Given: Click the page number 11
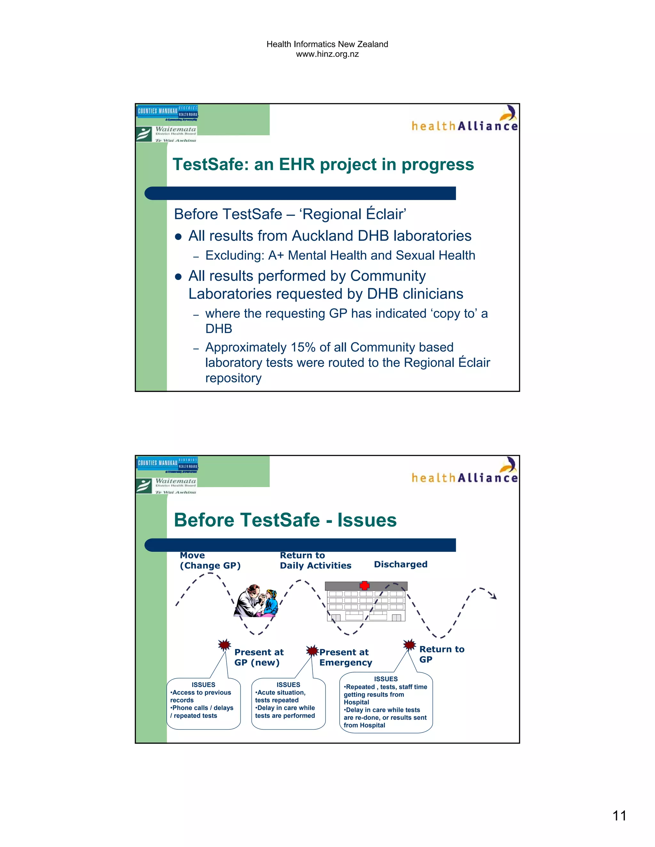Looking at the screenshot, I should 619,815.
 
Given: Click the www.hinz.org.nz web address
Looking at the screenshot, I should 327,54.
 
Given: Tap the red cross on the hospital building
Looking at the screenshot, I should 364,586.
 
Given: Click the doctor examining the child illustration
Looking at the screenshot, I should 256,601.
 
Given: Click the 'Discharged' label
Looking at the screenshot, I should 400,564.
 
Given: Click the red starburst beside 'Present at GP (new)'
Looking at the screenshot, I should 224,645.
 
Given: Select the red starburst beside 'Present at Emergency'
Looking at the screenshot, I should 312,650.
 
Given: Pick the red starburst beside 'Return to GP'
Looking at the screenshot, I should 409,645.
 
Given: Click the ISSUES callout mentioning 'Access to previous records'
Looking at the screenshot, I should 203,703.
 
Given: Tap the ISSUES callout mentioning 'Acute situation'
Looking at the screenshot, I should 288,703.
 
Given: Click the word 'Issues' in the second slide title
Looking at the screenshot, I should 367,520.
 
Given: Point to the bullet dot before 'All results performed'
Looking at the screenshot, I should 178,277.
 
